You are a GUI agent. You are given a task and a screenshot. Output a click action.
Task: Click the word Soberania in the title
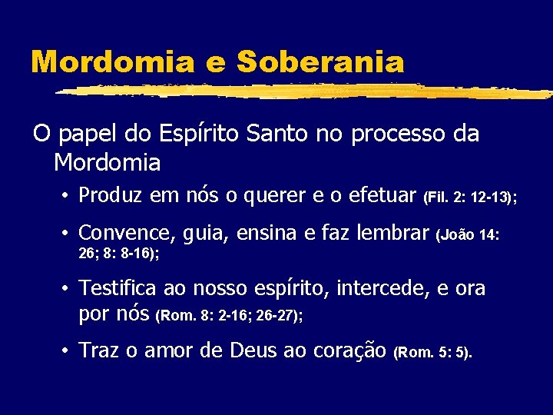pyautogui.click(x=320, y=61)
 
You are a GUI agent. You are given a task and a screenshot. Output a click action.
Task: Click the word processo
pyautogui.click(x=396, y=134)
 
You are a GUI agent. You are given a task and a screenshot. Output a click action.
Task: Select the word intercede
pyautogui.click(x=376, y=288)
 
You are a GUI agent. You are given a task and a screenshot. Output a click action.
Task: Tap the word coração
pyautogui.click(x=350, y=351)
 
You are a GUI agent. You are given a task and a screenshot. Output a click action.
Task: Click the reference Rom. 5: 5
pyautogui.click(x=433, y=354)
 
